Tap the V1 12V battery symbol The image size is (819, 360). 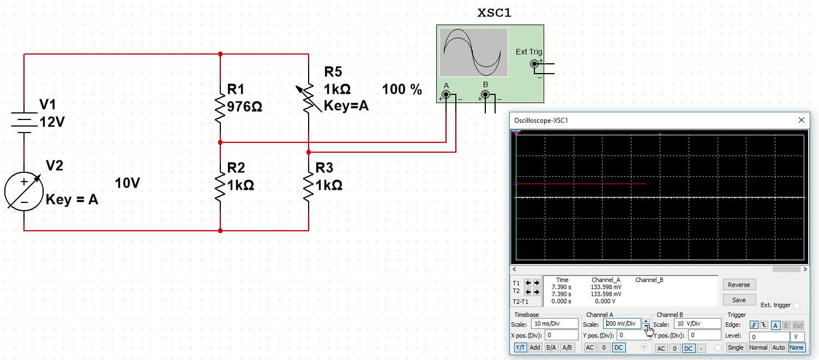point(24,121)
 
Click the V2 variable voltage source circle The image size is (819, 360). point(24,191)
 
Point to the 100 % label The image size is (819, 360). point(402,90)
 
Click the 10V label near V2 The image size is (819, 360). point(128,183)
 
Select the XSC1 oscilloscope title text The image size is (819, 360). point(495,13)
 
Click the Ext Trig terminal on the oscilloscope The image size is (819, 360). point(534,64)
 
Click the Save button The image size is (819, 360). point(739,300)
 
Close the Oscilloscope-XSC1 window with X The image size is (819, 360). point(801,120)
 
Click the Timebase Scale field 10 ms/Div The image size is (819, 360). point(554,324)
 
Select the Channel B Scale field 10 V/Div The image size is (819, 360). point(697,324)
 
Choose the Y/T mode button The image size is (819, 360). point(520,347)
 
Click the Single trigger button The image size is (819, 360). point(736,347)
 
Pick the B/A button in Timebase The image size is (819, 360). point(551,347)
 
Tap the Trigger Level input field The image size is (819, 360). point(769,337)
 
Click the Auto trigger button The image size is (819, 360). point(779,347)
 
